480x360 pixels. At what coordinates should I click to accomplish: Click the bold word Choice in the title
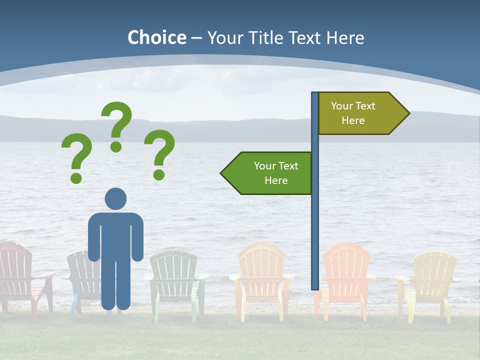pos(156,37)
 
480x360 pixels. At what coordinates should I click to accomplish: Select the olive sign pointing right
pos(358,113)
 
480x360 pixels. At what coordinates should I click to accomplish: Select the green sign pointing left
pos(270,173)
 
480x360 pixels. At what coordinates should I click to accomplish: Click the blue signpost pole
pos(315,225)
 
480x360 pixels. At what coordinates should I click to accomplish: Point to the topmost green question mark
pos(116,125)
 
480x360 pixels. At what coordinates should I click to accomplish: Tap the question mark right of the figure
pos(159,153)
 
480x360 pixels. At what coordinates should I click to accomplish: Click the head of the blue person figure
pos(115,198)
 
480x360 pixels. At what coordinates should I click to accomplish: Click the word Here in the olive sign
pos(353,120)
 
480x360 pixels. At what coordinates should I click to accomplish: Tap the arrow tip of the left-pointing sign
pos(222,173)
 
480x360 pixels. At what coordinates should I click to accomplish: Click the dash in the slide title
pos(196,38)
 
